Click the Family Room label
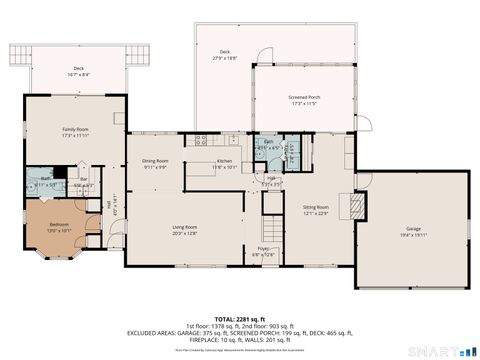pyautogui.click(x=76, y=130)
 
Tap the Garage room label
pyautogui.click(x=413, y=229)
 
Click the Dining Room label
pyautogui.click(x=154, y=161)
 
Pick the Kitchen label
pyautogui.click(x=227, y=161)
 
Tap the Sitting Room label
pyautogui.click(x=316, y=207)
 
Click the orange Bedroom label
pyautogui.click(x=60, y=224)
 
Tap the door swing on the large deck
pyautogui.click(x=263, y=57)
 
